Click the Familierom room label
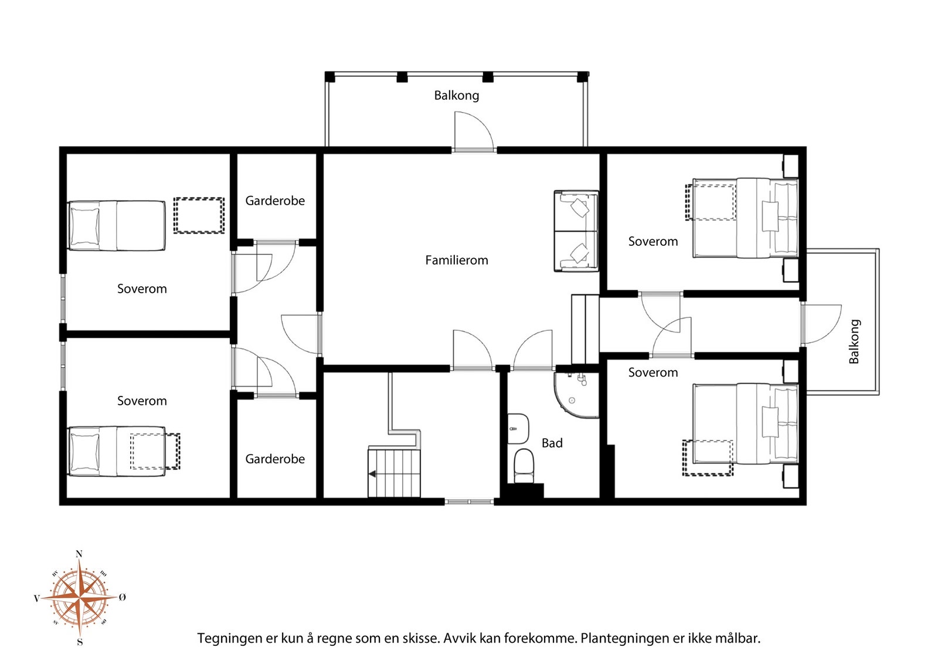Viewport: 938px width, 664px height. tap(457, 260)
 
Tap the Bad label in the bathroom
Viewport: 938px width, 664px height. tap(552, 443)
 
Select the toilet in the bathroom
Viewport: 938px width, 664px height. tap(524, 466)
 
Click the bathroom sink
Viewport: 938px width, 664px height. tap(518, 429)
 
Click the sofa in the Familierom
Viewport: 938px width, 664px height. tap(576, 231)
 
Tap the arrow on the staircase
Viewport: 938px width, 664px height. tap(372, 474)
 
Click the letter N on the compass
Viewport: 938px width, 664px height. tap(79, 554)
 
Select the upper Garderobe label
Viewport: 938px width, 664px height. tap(275, 201)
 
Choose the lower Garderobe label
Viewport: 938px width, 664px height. tap(275, 459)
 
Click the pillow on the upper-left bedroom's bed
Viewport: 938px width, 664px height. tap(85, 226)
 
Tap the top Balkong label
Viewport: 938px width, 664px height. tap(457, 96)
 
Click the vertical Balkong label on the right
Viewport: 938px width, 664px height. tap(854, 341)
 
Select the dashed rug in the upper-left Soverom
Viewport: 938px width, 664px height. tap(199, 215)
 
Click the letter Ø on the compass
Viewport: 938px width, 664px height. tap(123, 597)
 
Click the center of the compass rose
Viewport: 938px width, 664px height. tap(79, 597)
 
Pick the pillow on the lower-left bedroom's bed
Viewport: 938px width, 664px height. tap(85, 452)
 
